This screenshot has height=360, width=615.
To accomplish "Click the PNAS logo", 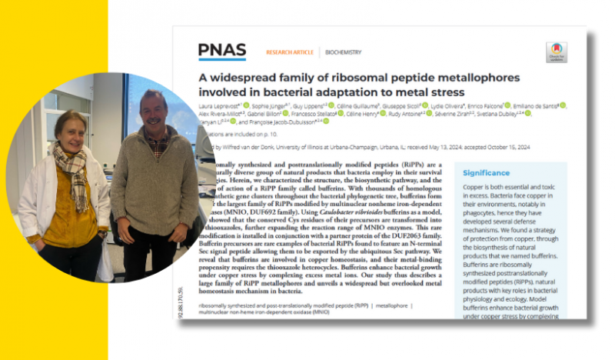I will [x=222, y=51].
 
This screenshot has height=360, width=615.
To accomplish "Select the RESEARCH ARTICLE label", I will [x=290, y=52].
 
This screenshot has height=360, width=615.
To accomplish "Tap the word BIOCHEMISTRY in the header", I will [x=343, y=52].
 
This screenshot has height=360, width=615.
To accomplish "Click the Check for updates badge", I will [x=556, y=52].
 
